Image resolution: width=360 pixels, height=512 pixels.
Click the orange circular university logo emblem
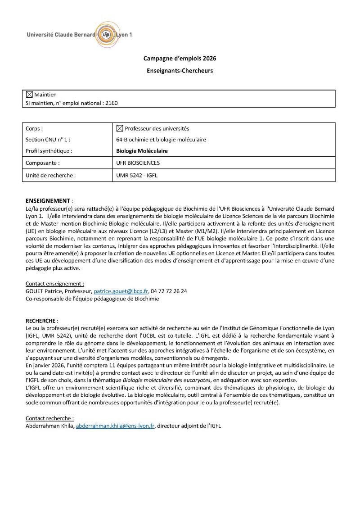tap(106, 34)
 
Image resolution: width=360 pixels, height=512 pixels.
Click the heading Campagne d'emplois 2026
tap(180, 59)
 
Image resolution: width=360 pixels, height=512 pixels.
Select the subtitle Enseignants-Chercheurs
tap(180, 71)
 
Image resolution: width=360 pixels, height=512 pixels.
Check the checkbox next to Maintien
tap(30, 95)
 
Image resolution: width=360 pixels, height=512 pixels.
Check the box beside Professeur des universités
tap(119, 128)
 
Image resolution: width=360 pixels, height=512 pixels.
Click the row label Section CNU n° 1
tap(48, 140)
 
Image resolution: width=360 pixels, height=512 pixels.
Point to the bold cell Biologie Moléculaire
tap(142, 151)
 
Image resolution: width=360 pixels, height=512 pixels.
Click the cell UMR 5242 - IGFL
tap(137, 175)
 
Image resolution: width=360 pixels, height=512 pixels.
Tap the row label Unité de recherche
tap(50, 175)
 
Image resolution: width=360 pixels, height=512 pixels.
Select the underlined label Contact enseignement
tap(55, 284)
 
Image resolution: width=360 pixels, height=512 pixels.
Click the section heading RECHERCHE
tap(41, 321)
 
